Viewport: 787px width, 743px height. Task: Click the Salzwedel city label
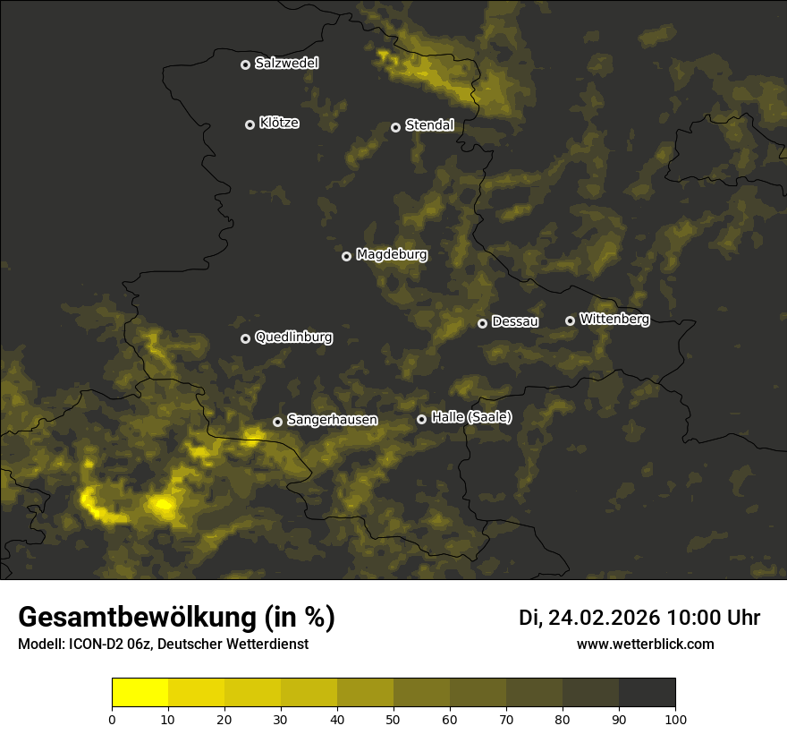286,64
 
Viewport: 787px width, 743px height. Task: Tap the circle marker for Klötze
250,124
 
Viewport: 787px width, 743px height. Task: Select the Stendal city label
429,125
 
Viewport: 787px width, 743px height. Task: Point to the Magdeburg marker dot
347,256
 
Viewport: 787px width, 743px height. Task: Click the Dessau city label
515,321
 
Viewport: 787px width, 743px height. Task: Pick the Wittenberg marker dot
570,320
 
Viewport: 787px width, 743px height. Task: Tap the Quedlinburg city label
293,337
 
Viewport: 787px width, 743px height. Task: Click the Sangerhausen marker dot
278,422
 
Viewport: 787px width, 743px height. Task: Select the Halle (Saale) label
471,417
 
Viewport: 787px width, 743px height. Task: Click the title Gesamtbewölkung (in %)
176,618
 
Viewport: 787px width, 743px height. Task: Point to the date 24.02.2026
604,618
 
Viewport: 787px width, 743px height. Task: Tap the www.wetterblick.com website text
645,644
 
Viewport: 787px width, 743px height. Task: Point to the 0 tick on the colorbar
112,719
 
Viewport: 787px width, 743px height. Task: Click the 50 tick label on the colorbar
393,719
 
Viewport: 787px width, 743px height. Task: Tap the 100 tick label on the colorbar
675,719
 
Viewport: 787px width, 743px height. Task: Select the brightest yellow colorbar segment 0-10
140,692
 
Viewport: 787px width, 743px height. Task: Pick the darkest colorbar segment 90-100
647,692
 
